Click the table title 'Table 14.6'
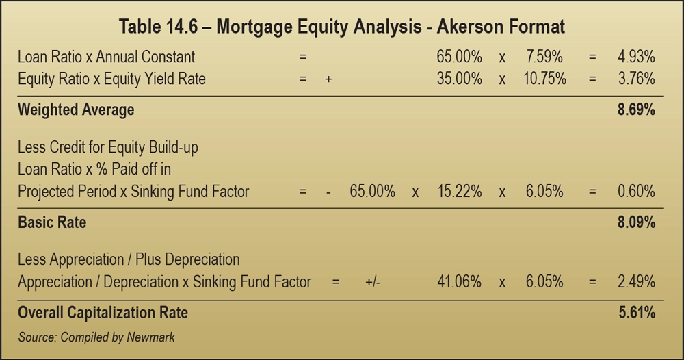click(x=342, y=27)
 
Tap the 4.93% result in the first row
click(x=637, y=56)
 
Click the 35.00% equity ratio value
click(x=459, y=79)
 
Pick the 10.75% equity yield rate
click(x=544, y=79)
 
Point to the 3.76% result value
click(x=637, y=79)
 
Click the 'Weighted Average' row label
click(x=76, y=110)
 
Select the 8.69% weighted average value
click(x=637, y=110)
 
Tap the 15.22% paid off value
click(x=459, y=192)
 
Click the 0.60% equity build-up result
click(x=637, y=192)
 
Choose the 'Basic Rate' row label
click(x=52, y=222)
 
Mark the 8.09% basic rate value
click(x=637, y=222)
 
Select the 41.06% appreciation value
click(x=459, y=282)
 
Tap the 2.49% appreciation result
click(x=637, y=282)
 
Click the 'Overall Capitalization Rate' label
click(x=103, y=313)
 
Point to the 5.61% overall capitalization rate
click(x=637, y=313)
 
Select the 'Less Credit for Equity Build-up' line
click(x=108, y=146)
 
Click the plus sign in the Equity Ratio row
click(x=328, y=79)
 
